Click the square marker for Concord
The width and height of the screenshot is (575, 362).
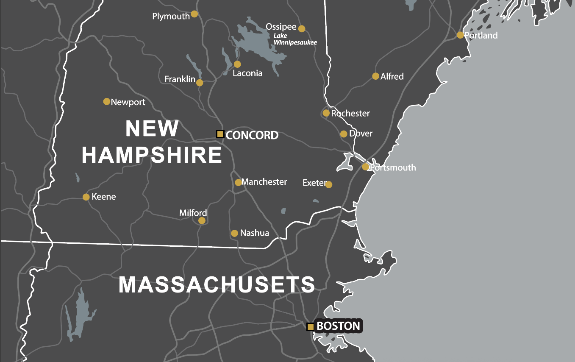click(x=220, y=134)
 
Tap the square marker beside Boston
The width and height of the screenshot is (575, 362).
click(x=311, y=327)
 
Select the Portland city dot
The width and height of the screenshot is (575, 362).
click(x=460, y=35)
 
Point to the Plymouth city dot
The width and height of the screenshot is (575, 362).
click(x=194, y=14)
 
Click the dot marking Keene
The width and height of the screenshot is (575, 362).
click(x=86, y=197)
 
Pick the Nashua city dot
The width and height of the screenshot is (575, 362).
click(x=234, y=234)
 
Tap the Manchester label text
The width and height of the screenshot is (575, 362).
click(x=264, y=182)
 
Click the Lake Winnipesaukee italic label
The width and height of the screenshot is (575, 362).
click(x=295, y=39)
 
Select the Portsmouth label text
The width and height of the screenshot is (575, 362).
click(x=393, y=167)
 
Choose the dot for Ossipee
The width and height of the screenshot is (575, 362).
click(x=302, y=29)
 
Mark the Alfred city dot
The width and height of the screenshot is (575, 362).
click(x=375, y=76)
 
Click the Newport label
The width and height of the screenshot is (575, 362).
click(x=128, y=102)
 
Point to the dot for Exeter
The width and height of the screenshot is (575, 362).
click(x=329, y=185)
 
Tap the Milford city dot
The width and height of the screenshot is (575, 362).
click(x=202, y=220)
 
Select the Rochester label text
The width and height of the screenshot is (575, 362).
click(x=350, y=113)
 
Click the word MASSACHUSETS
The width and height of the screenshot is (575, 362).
click(x=217, y=285)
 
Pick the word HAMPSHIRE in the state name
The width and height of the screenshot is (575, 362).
click(x=152, y=155)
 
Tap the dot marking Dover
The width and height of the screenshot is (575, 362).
click(x=344, y=134)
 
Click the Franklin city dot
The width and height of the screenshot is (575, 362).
click(x=200, y=83)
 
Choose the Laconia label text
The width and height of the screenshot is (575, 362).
click(x=247, y=73)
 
